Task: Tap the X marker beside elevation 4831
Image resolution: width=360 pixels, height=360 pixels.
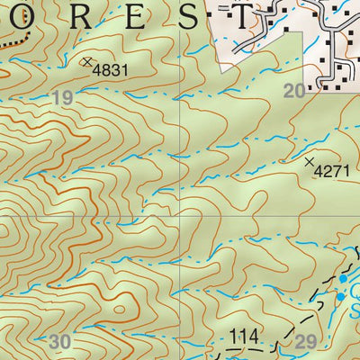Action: pos(87,61)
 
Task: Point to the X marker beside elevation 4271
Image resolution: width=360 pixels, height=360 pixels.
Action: pos(310,162)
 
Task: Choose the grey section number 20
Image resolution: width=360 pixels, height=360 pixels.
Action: pos(294,90)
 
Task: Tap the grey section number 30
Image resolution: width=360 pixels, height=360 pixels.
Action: pos(59,341)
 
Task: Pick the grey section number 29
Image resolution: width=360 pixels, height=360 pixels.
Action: pos(306,341)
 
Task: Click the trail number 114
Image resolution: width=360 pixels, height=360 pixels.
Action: pos(244,337)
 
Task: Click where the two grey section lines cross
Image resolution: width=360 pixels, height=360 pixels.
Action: pos(182,217)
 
